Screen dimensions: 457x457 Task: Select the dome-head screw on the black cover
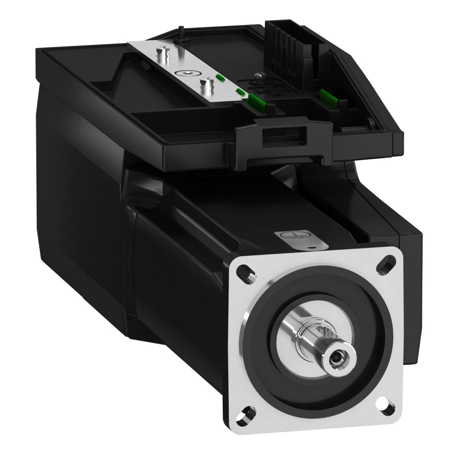coord(260,78)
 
